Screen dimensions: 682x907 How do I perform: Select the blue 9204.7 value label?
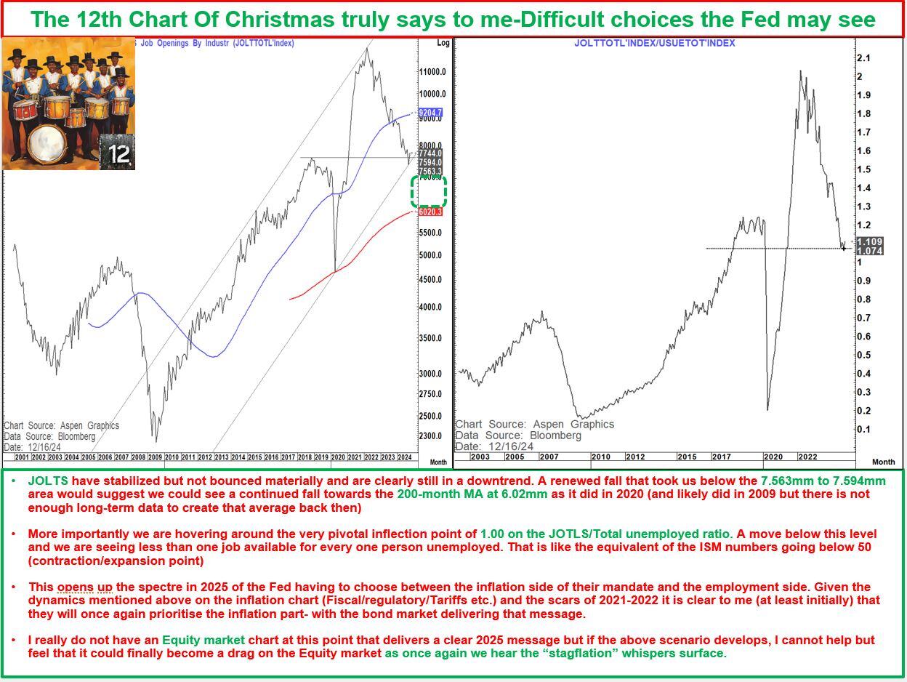pos(430,113)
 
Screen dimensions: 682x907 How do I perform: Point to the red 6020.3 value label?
pos(430,212)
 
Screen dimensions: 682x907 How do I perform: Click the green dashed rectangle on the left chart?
pos(428,191)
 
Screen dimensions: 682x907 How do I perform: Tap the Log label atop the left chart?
pos(443,43)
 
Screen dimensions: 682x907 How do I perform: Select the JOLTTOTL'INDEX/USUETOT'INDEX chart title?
pos(654,43)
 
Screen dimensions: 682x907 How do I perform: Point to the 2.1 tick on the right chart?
pos(863,58)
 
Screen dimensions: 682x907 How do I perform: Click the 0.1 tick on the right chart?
pos(863,429)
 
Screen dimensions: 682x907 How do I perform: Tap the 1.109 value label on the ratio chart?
pos(869,242)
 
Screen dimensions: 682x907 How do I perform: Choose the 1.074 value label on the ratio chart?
pos(869,251)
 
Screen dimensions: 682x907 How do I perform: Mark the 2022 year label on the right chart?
pos(807,457)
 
